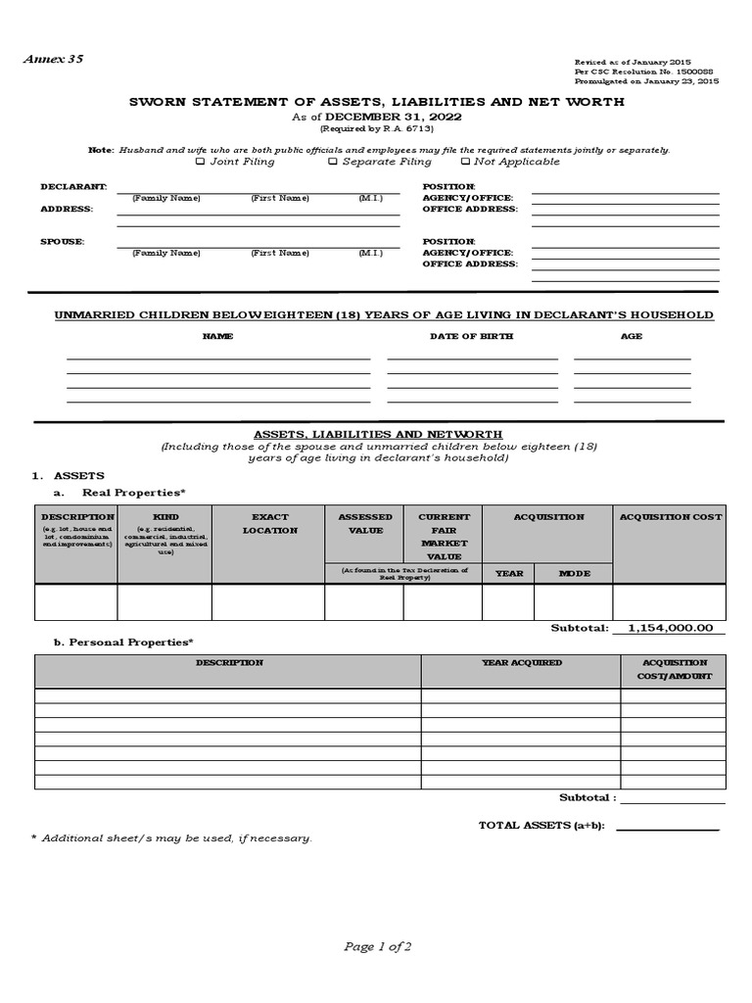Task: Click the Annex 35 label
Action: (54, 59)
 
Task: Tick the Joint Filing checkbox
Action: (201, 162)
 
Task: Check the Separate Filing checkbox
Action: (333, 162)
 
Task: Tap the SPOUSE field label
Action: (62, 241)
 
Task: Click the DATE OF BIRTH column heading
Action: (471, 336)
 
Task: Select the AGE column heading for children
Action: (632, 336)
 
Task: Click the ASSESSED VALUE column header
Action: (364, 523)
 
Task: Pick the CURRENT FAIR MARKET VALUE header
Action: (444, 536)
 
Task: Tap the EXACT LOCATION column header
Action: (269, 523)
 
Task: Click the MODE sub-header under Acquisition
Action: (574, 573)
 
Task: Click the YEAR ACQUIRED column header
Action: (521, 663)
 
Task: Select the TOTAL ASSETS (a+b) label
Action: (540, 826)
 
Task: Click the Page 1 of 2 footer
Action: (377, 946)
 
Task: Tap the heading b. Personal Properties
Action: (122, 642)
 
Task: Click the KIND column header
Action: (165, 516)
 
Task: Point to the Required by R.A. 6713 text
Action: (377, 129)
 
